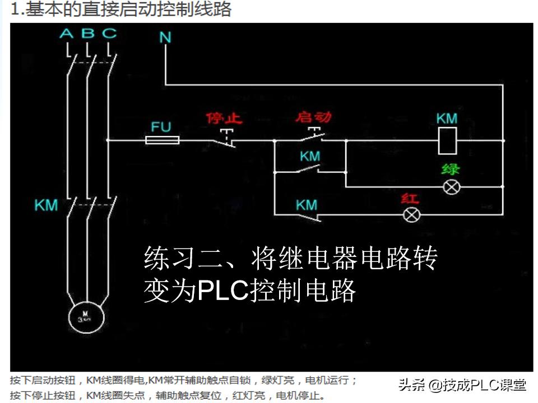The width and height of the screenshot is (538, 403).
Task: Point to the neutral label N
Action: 165,38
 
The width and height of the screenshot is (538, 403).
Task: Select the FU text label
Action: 161,126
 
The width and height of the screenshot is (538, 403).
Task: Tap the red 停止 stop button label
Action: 224,118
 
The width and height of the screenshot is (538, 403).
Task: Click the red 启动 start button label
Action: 313,117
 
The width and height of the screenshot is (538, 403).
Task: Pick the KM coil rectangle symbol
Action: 447,140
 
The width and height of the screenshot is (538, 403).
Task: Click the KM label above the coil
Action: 447,119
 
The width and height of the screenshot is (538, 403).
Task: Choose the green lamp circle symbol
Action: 451,187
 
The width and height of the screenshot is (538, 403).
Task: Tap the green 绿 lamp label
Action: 451,169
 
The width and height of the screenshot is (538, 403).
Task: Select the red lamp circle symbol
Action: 412,214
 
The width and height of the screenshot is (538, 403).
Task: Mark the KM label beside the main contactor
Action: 46,205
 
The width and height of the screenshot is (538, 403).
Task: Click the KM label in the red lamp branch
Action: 307,205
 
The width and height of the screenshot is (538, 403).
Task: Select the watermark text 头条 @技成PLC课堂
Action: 462,385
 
